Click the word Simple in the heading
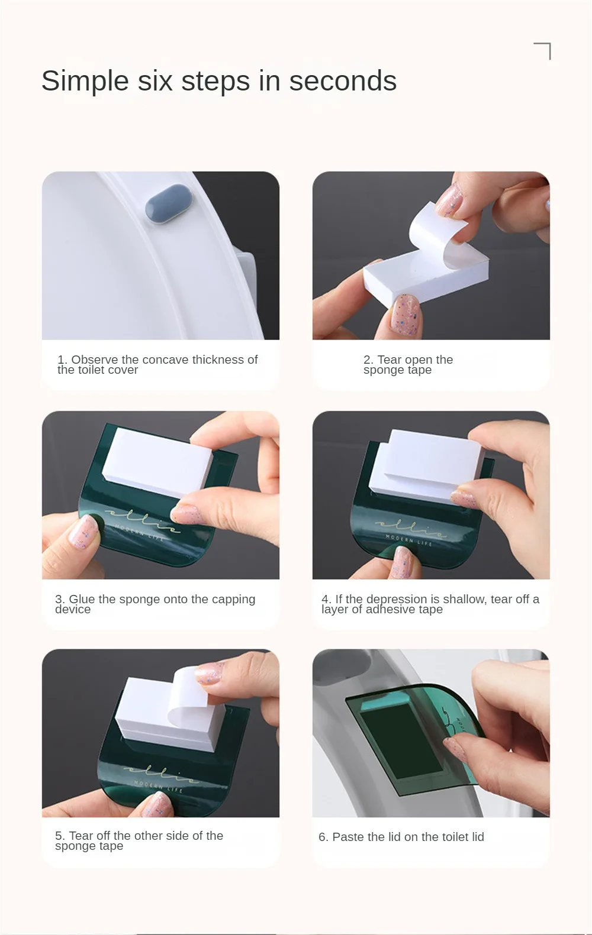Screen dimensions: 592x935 pos(85,82)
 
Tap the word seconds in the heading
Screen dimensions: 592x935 pos(343,80)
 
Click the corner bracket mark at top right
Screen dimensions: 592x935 pos(542,51)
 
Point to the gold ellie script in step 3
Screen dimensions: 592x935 pos(142,520)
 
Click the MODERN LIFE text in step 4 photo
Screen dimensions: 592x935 pos(408,540)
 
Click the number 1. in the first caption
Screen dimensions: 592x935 pos(62,360)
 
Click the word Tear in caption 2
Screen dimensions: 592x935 pos(390,360)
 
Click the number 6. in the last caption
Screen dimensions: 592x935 pos(323,837)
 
